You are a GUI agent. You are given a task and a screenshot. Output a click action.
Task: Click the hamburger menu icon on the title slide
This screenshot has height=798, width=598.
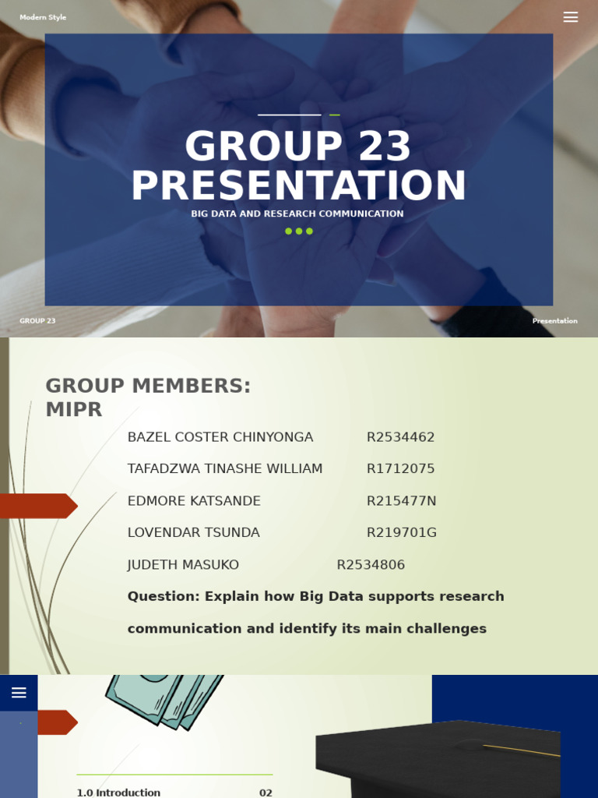coord(571,17)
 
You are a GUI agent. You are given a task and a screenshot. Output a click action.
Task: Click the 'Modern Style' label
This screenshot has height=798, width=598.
coord(43,17)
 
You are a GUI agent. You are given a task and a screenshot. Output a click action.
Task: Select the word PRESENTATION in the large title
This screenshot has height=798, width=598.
coord(299,186)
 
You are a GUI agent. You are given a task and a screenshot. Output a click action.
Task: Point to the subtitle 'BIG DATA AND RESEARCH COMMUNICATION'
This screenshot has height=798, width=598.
coord(297,214)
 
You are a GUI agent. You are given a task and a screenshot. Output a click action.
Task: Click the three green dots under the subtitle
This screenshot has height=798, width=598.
coord(299,231)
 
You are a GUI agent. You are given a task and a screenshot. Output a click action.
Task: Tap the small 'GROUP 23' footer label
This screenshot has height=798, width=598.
coord(37,321)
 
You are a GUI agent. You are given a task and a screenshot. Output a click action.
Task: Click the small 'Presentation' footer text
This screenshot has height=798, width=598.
coord(554,321)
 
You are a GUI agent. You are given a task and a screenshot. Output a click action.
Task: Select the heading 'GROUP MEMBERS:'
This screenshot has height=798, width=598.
coord(148,386)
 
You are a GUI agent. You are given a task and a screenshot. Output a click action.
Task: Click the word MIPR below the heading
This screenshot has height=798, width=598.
coord(74,410)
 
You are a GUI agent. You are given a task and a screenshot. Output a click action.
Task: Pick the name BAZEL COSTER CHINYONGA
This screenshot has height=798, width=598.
coord(220,437)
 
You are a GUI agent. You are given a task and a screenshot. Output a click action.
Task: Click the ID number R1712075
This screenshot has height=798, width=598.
coord(400,469)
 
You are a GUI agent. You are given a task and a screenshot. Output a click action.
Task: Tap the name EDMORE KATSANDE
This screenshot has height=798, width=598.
coord(194,501)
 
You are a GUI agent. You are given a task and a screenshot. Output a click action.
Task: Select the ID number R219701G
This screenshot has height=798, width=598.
coord(402,533)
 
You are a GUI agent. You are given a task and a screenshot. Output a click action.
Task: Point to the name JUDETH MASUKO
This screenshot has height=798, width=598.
coord(183,565)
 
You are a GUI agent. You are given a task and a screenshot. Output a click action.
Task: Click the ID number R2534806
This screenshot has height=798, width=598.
coord(371,565)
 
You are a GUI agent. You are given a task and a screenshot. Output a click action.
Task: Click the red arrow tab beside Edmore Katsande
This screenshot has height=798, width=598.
coord(37,506)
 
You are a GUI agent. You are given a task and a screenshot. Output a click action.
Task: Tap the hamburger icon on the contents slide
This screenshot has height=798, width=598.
coord(19,693)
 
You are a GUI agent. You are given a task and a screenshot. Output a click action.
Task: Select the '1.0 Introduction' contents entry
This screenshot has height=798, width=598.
coord(118,793)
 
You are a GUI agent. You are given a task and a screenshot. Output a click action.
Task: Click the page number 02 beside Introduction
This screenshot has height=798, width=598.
coord(266,793)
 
